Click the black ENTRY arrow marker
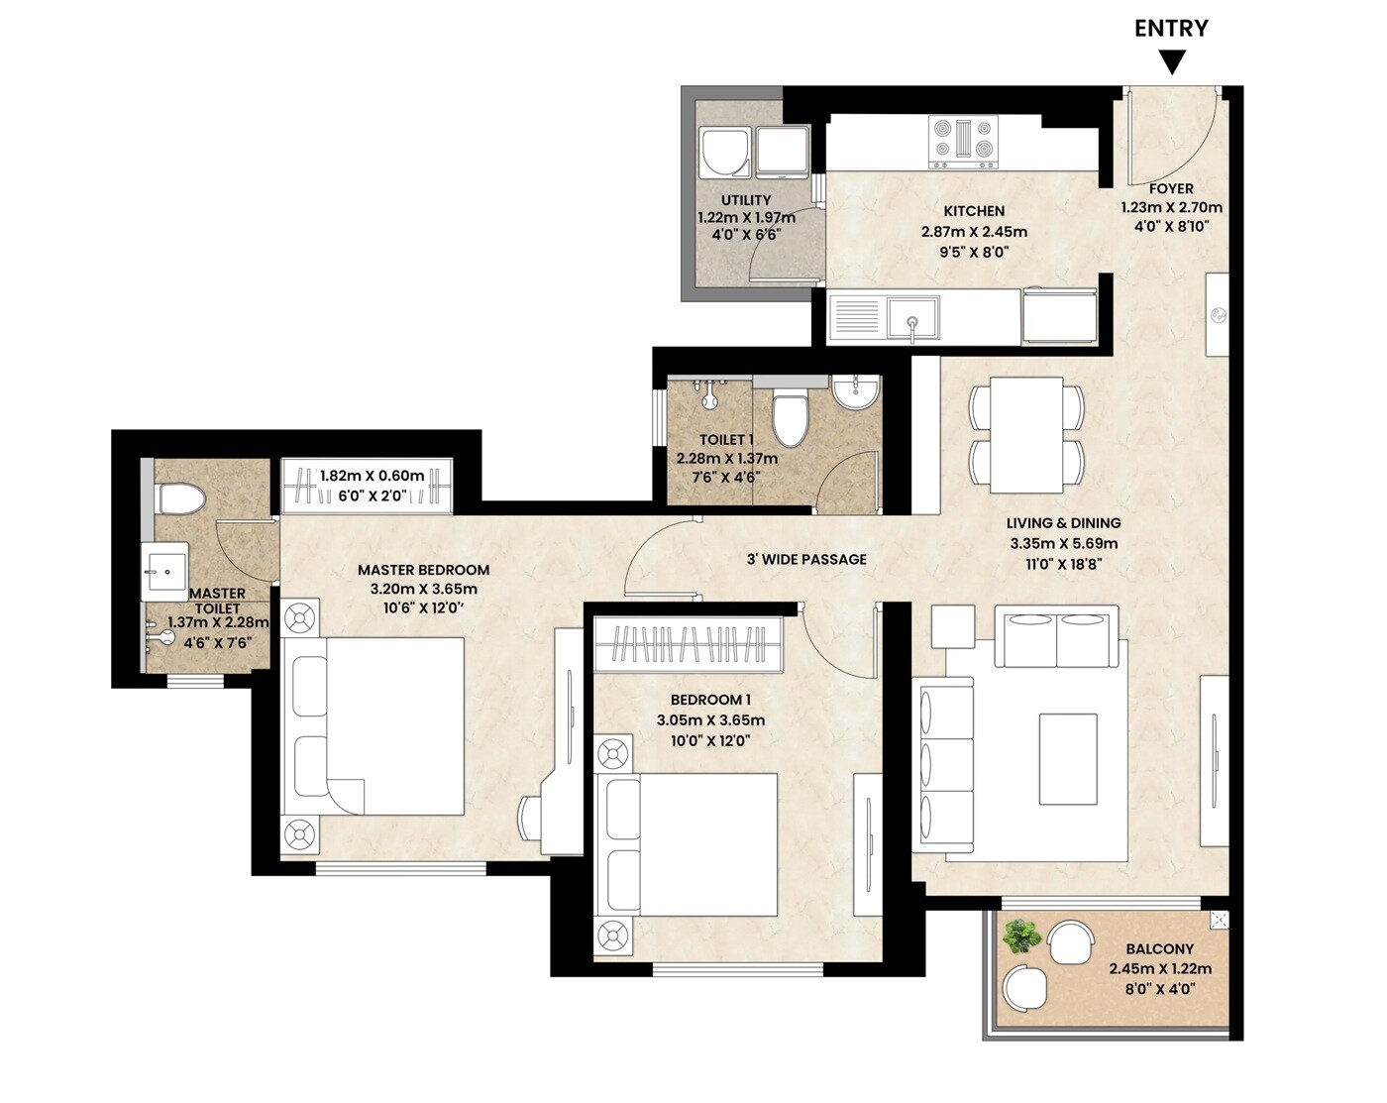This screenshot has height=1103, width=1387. pos(1172,63)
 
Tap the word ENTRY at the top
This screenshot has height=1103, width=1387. pos(1171,28)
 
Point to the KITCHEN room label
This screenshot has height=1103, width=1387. pos(974,211)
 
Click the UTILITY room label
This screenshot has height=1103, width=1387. pos(746,200)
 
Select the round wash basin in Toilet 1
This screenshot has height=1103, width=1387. pos(855,392)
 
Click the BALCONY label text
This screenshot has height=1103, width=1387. pos(1159,948)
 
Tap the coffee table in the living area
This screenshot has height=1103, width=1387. pos(1068,759)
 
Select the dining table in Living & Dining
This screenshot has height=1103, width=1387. pos(1026,433)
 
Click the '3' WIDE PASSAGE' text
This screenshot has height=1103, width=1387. pos(806,559)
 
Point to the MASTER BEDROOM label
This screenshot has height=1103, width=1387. pos(423,570)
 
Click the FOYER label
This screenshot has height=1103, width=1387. pos(1171,188)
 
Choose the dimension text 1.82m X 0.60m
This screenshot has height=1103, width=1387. pos(372,476)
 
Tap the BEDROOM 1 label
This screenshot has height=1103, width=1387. pos(710,700)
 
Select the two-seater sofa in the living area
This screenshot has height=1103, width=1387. pos(1057,640)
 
